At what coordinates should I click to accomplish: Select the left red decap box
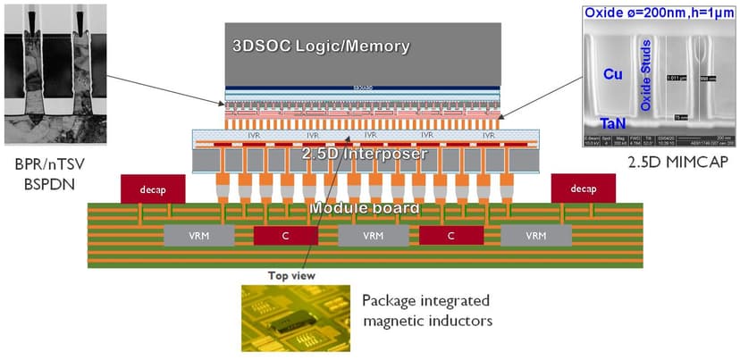(x=154, y=189)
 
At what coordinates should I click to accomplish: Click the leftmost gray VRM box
(x=199, y=236)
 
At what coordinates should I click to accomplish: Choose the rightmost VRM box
(x=535, y=236)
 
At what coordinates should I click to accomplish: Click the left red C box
(x=285, y=236)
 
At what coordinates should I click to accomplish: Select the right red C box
(x=451, y=236)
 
